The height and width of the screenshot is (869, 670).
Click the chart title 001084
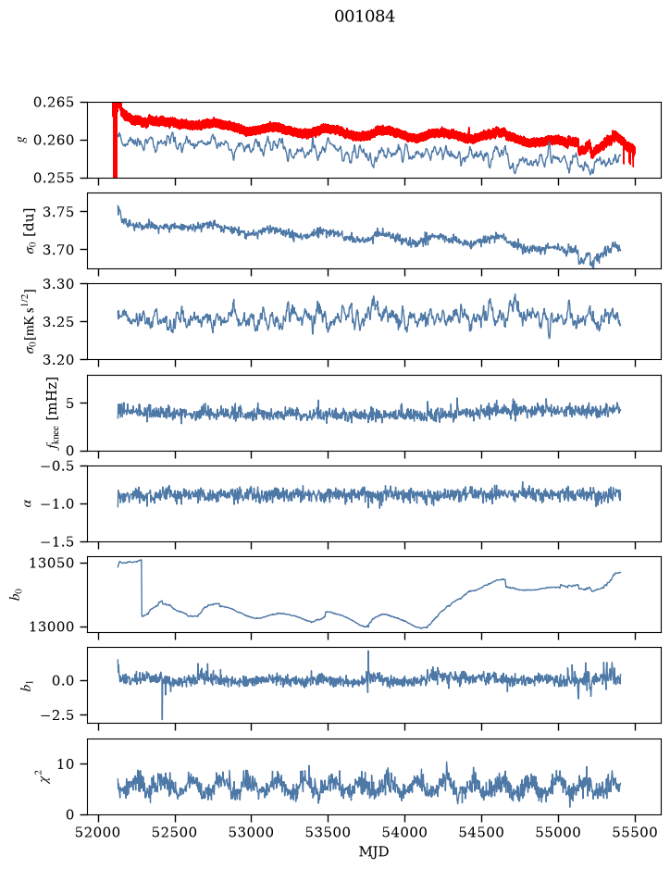click(365, 17)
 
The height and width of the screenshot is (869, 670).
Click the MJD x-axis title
click(374, 851)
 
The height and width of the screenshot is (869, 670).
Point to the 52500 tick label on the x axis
click(175, 833)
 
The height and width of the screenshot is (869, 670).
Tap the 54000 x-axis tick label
click(404, 833)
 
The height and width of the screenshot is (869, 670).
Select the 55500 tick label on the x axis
click(635, 833)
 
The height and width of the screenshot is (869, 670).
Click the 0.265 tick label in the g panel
click(53, 103)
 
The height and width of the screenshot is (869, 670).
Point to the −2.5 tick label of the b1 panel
click(56, 715)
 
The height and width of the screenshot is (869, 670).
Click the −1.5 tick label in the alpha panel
click(56, 540)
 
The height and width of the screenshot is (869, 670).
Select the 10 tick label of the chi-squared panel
click(66, 764)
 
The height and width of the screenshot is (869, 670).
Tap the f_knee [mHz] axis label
click(52, 413)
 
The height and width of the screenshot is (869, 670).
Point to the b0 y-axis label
click(18, 594)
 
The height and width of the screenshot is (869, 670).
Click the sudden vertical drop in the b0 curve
click(142, 588)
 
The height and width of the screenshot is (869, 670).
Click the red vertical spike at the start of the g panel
click(115, 140)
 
